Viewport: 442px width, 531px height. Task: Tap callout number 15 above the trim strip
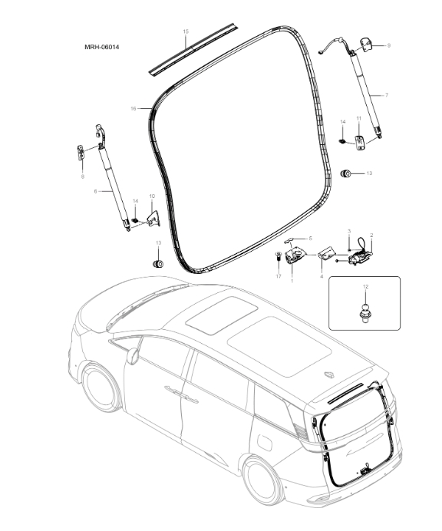pos(186,31)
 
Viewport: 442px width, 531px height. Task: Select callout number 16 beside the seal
pos(133,109)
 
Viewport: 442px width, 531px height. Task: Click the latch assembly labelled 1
pos(294,256)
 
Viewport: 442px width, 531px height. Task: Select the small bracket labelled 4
pos(325,252)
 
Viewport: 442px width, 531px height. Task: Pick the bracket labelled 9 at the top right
pos(365,45)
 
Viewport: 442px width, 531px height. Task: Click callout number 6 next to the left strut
pos(95,191)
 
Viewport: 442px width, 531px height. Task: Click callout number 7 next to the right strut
pos(386,94)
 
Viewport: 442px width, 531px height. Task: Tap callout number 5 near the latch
pos(310,239)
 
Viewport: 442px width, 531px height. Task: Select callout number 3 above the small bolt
pos(349,231)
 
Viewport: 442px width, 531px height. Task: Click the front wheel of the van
pos(102,389)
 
